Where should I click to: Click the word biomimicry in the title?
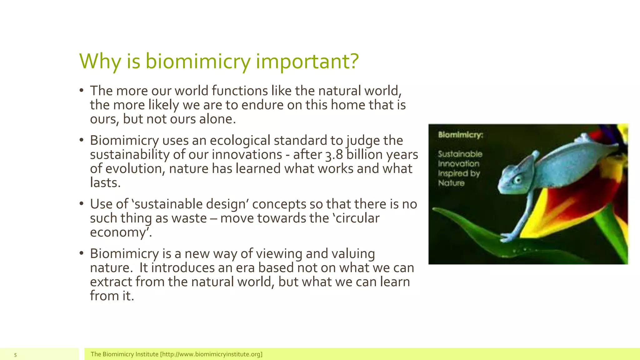coord(197,62)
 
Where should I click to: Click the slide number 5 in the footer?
coord(15,355)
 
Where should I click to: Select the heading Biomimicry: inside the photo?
coord(460,135)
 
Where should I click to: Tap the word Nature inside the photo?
coord(451,183)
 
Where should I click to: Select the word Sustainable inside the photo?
coord(460,154)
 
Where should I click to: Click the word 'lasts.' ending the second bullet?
coord(105,183)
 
